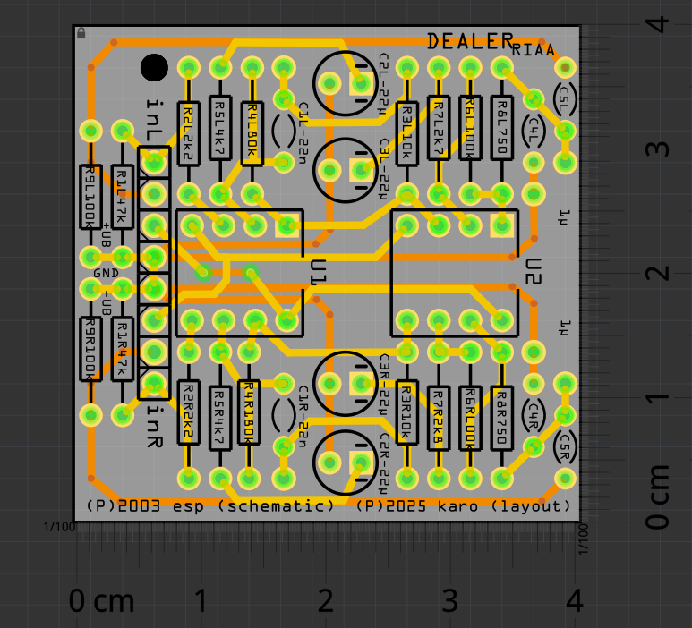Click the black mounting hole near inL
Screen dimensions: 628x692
154,68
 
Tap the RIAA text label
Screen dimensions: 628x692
534,51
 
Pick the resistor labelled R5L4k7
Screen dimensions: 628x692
220,131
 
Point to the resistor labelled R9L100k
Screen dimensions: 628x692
90,198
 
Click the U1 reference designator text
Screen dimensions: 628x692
317,273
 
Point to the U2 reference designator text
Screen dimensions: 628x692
534,273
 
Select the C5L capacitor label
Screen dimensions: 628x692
565,98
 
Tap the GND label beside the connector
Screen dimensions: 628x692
105,273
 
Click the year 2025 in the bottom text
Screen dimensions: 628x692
414,506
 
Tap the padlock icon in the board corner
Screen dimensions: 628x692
81,32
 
